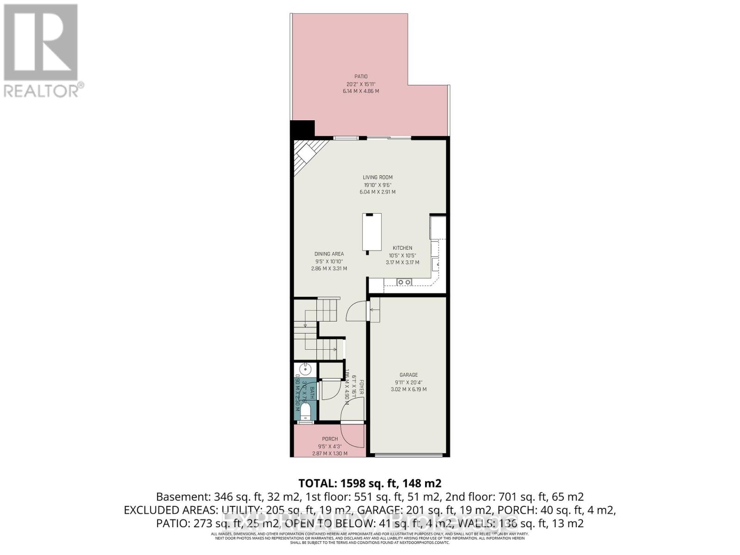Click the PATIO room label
click(361, 77)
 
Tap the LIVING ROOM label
click(377, 177)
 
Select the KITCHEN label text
click(402, 248)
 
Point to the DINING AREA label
click(329, 254)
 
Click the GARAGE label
click(408, 375)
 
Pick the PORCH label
click(330, 439)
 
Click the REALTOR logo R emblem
click(41, 43)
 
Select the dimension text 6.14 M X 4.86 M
click(361, 91)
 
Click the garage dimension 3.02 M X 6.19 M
click(408, 389)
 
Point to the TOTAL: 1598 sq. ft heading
click(370, 483)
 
